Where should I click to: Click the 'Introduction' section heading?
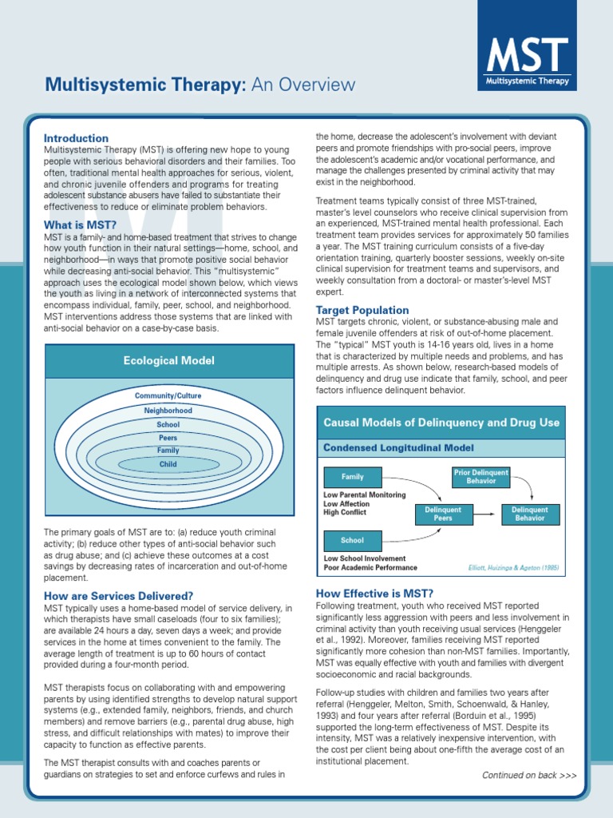tap(76, 138)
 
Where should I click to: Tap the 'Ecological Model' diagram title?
tap(168, 361)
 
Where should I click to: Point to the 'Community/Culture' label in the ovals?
tap(168, 396)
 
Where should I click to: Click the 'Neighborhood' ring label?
tap(168, 411)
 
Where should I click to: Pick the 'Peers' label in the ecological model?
tap(168, 438)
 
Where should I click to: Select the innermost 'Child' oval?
tap(168, 464)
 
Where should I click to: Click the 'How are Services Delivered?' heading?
tap(118, 596)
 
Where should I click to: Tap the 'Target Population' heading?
tap(362, 310)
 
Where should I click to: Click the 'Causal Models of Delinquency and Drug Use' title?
tap(441, 423)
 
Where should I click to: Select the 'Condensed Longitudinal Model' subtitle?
tap(398, 448)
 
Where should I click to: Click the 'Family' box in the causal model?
tap(353, 477)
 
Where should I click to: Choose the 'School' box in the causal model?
tap(353, 541)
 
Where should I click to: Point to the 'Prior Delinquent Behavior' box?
tap(481, 477)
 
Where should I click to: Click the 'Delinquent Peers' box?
tap(443, 514)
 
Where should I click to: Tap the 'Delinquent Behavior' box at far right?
tap(530, 514)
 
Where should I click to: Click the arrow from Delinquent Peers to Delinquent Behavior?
tap(487, 514)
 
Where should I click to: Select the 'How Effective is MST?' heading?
tap(374, 593)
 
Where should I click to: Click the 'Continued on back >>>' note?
tap(528, 776)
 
